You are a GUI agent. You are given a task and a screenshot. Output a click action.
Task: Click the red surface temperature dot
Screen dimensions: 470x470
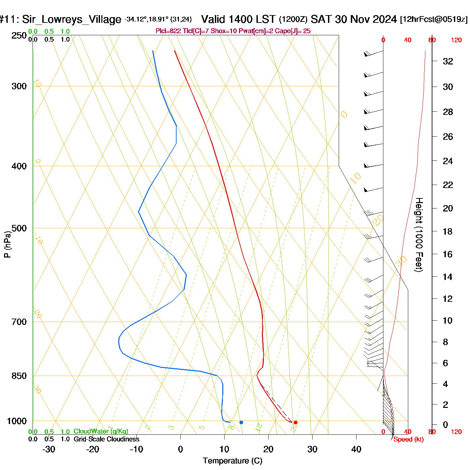point(295,422)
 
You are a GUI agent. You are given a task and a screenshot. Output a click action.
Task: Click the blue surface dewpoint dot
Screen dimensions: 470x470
point(241,422)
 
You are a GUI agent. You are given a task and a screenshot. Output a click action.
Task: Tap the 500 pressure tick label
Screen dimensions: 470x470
point(19,228)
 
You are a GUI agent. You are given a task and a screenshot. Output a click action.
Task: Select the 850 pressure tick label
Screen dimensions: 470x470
point(19,376)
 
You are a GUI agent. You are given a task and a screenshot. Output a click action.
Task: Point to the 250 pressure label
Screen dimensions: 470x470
point(19,36)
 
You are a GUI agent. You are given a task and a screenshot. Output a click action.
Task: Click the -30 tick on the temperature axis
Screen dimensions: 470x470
point(49,449)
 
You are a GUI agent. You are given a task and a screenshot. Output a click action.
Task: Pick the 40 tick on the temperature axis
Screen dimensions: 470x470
point(356,449)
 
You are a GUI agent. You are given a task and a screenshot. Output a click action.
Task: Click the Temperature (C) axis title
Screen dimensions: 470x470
point(232,461)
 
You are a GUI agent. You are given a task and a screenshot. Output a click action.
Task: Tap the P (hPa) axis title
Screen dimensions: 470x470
point(7,244)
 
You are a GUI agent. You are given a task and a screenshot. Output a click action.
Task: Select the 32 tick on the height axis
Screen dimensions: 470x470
point(448,61)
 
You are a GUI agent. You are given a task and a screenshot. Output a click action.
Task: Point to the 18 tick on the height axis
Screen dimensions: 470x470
point(448,231)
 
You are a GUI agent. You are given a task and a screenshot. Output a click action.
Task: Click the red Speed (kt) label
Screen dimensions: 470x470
point(409,439)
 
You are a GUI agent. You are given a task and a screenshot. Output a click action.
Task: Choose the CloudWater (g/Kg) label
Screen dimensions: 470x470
point(101,431)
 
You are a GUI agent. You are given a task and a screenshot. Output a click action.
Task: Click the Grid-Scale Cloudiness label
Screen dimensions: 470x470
point(106,439)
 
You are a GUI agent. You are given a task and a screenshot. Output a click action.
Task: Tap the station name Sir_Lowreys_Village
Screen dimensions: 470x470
point(72,19)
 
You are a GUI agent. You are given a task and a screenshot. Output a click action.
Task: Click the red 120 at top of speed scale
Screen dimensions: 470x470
point(456,40)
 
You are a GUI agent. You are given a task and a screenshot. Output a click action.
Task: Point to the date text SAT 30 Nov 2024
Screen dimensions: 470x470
point(354,19)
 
